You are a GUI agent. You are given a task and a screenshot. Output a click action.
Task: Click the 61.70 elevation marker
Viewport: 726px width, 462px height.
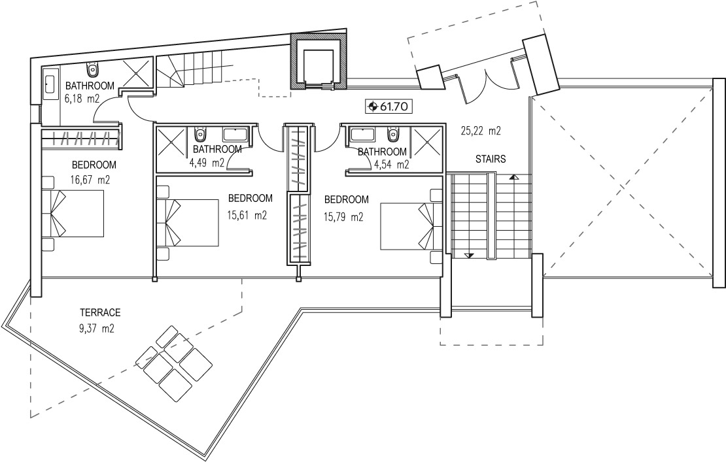pos(389,107)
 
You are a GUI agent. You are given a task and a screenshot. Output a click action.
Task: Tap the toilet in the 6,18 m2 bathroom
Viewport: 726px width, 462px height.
pos(93,69)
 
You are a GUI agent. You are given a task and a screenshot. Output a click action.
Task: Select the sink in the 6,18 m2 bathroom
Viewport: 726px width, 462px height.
pos(49,84)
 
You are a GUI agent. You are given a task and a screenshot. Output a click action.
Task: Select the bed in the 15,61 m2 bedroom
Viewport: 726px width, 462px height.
pos(188,222)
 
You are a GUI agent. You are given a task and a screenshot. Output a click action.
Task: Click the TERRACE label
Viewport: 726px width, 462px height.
pos(100,312)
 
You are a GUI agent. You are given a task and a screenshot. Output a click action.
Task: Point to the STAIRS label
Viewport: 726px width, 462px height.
pos(491,159)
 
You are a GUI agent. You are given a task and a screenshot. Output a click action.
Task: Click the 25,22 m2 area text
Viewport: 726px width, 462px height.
pos(481,131)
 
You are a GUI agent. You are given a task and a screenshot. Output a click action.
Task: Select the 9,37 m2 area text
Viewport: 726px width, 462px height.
pos(97,329)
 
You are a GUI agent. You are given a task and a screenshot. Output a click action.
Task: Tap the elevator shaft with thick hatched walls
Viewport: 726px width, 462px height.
pos(319,61)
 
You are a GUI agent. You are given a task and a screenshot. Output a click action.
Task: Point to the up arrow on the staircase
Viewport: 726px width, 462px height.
pos(513,177)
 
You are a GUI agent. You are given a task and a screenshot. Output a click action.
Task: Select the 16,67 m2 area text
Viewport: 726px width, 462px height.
pos(90,180)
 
